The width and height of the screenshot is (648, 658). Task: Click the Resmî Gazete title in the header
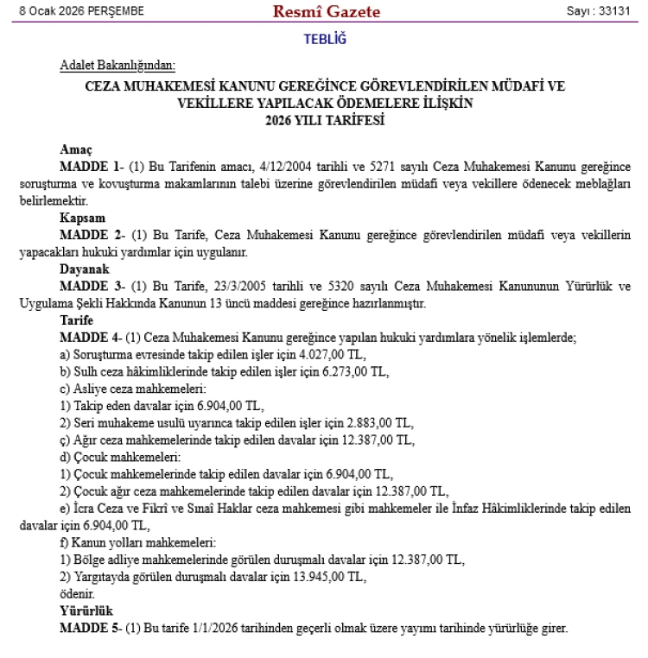point(326,12)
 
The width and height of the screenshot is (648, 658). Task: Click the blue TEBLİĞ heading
point(324,40)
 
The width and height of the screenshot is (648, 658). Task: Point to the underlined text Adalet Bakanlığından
point(118,66)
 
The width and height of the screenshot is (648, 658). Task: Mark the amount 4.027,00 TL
point(329,355)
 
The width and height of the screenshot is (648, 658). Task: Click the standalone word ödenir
point(77,594)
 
